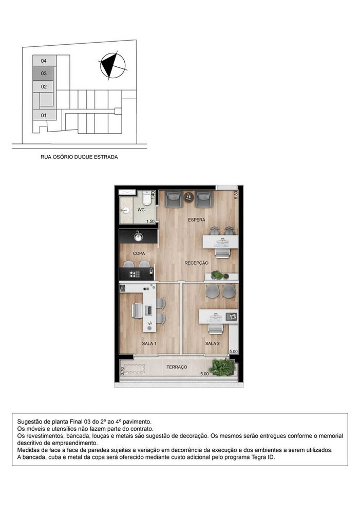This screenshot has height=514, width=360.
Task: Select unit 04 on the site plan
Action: [44, 61]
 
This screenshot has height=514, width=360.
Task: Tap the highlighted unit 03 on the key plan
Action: [44, 74]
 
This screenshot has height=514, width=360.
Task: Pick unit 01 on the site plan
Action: [44, 115]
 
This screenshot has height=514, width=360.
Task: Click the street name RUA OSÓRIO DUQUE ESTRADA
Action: [79, 157]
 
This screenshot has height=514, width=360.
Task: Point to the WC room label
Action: [141, 210]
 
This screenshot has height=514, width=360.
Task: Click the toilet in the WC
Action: [146, 198]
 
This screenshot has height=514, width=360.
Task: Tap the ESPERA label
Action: [196, 220]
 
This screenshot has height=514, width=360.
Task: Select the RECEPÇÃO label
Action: [197, 263]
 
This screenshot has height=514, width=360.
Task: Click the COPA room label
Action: [139, 253]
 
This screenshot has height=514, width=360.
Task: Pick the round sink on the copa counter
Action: [138, 237]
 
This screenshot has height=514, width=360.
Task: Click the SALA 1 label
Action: [149, 343]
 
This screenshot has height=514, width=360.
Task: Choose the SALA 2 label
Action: [212, 343]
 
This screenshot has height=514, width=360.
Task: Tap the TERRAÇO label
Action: [177, 367]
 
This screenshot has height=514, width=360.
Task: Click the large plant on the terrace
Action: [222, 366]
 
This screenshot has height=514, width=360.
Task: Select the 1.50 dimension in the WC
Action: [150, 222]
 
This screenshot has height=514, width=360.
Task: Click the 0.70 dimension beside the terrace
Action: [123, 371]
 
